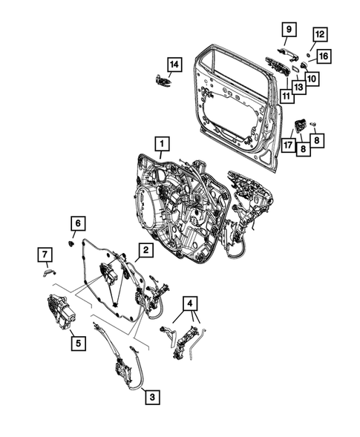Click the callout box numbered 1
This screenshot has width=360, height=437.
click(160, 141)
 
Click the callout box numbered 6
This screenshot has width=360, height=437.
click(76, 223)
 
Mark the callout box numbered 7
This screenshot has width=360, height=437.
click(45, 256)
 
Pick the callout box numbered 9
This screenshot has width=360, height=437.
click(288, 30)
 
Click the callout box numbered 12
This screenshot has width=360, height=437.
click(318, 34)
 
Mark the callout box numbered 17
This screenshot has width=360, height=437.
click(287, 146)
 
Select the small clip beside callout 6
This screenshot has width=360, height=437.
click(70, 240)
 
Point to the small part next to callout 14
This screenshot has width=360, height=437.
click(161, 81)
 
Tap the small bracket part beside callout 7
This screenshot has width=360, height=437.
click(50, 272)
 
